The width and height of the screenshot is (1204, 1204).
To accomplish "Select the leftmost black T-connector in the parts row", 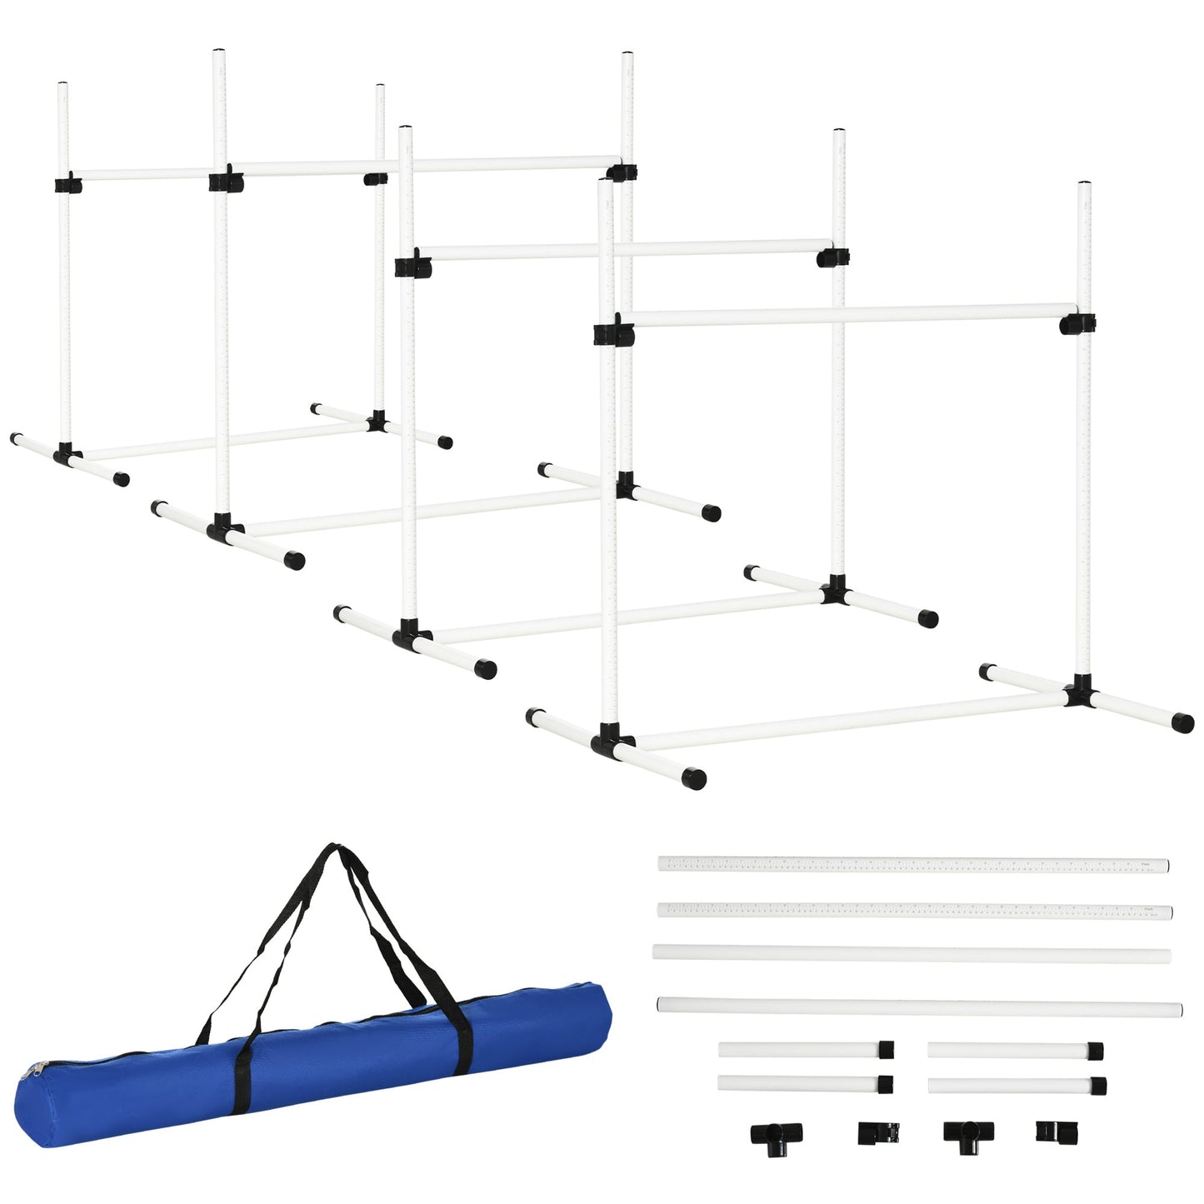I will (x=776, y=1135).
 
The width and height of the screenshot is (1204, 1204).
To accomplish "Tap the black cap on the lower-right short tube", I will (x=1099, y=1086).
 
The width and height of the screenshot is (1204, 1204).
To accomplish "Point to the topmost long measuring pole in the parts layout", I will (x=913, y=864).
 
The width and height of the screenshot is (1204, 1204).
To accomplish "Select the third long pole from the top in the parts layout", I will (x=912, y=954).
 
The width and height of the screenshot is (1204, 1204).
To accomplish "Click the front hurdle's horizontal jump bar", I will (x=842, y=316).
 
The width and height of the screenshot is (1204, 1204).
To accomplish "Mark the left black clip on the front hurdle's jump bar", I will (x=612, y=333).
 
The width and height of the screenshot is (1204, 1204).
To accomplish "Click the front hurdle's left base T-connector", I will (x=612, y=740).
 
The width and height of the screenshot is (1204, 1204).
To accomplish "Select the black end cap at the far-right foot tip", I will (x=1182, y=722).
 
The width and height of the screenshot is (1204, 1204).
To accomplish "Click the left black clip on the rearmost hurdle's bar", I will (x=66, y=184).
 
